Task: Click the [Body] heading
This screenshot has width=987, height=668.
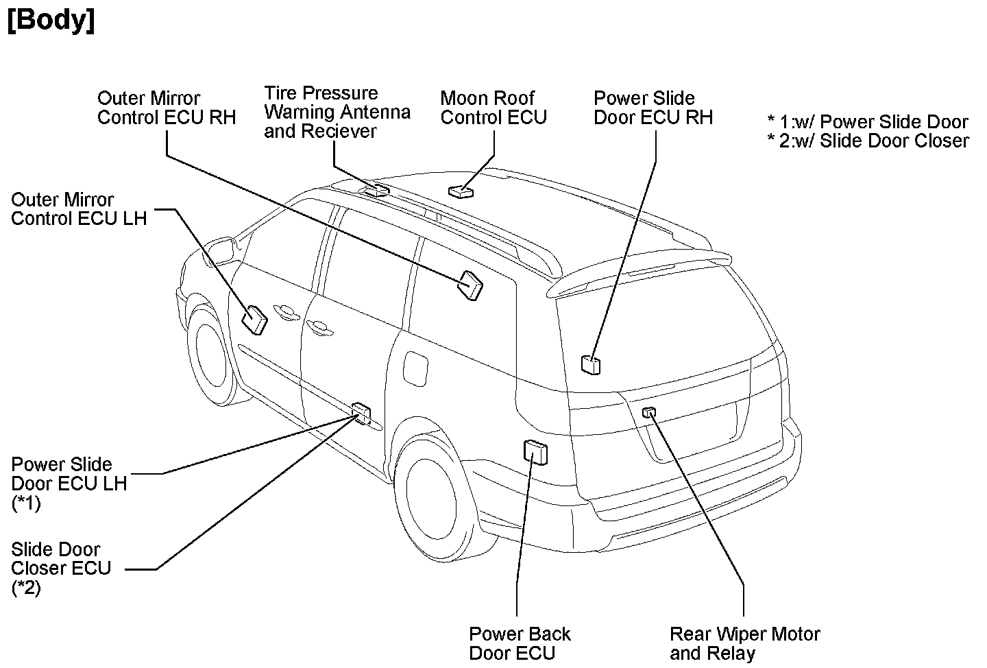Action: point(51,21)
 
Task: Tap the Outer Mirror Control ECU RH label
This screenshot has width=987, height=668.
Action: point(166,108)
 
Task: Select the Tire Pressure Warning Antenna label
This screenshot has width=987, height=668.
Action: point(337,112)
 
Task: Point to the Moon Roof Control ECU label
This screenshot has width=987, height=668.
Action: point(493,108)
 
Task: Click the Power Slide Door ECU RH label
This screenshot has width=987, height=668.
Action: point(653,108)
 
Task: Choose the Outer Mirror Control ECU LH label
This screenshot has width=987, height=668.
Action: point(79,209)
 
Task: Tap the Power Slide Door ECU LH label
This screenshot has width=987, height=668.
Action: point(69,483)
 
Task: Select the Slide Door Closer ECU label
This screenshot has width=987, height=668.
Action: point(60,568)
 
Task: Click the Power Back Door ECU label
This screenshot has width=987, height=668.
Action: point(520,643)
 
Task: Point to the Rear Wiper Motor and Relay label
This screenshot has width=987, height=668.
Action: point(744,643)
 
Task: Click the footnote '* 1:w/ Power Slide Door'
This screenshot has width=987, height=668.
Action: point(867,122)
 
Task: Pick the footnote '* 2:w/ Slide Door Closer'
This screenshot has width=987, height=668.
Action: point(868,141)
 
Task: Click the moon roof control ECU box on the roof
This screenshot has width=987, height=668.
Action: point(461,190)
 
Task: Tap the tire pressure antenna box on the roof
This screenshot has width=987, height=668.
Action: point(376,189)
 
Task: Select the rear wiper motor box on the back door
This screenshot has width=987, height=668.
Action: point(649,411)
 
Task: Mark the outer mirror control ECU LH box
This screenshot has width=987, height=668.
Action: point(255,319)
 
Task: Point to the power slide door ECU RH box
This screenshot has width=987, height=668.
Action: point(590,364)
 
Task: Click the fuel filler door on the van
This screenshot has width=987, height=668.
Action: point(415,368)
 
